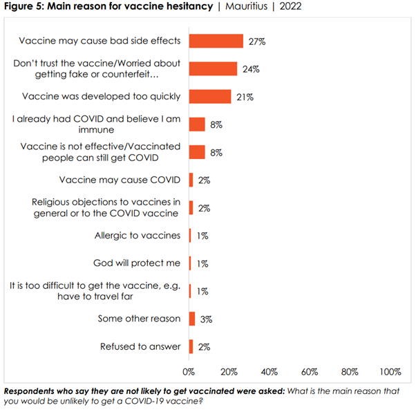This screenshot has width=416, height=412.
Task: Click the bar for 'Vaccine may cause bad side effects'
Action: tap(216, 41)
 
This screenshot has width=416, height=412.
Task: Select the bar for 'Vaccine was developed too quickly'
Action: tap(210, 96)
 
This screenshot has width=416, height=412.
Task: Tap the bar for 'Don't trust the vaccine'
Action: tap(213, 68)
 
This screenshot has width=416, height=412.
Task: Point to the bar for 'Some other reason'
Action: tap(192, 318)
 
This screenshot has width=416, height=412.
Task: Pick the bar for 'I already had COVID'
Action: tap(197, 124)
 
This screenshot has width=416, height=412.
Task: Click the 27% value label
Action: tap(258, 41)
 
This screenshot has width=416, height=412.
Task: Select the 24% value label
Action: tap(252, 69)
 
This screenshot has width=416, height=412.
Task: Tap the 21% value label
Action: tap(245, 97)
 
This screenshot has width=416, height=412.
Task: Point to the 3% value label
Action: tap(206, 319)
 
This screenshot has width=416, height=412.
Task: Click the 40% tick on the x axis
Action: tap(269, 371)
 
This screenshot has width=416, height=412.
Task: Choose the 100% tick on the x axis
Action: tap(390, 371)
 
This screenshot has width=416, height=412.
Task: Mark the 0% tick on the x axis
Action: tap(189, 371)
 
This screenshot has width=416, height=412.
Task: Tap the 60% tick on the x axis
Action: tap(309, 371)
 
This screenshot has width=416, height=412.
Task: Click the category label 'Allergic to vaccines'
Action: tap(138, 236)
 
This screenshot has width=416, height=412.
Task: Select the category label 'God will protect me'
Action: tap(137, 263)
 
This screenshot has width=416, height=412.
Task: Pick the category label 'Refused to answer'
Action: tap(141, 346)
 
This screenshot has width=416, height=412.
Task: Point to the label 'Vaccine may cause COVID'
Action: tap(120, 180)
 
